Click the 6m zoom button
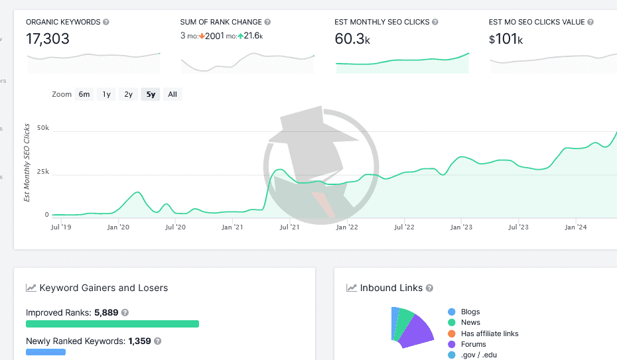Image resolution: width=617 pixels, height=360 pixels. click(x=84, y=94)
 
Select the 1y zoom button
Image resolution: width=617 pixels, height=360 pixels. click(x=106, y=94)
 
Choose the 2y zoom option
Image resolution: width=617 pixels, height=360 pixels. click(x=128, y=94)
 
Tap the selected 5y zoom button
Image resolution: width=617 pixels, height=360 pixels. click(x=151, y=94)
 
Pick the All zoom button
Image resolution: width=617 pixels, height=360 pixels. click(x=172, y=94)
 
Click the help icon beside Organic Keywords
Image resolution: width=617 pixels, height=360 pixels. click(x=106, y=22)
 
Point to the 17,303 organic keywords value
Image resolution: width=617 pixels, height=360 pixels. click(x=48, y=38)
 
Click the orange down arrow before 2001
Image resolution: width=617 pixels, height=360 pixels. click(x=202, y=36)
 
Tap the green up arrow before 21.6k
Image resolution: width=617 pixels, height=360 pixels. click(x=240, y=36)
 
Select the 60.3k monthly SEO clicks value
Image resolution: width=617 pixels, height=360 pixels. click(x=352, y=38)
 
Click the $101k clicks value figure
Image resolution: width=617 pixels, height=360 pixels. click(x=506, y=38)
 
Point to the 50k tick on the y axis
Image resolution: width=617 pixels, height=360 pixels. click(x=43, y=128)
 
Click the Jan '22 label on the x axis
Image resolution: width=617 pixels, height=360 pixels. click(x=347, y=227)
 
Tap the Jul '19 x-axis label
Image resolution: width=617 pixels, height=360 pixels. click(x=61, y=227)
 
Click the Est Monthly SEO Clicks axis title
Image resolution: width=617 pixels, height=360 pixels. click(x=27, y=162)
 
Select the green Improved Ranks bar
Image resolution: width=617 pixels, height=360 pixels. click(x=112, y=324)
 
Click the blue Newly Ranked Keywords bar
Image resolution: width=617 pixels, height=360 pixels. click(x=46, y=352)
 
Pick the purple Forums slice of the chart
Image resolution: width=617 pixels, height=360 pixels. click(x=416, y=333)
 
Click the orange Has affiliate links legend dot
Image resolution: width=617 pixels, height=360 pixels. click(x=452, y=333)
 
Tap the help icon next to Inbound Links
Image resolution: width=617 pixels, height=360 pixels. click(x=429, y=288)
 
